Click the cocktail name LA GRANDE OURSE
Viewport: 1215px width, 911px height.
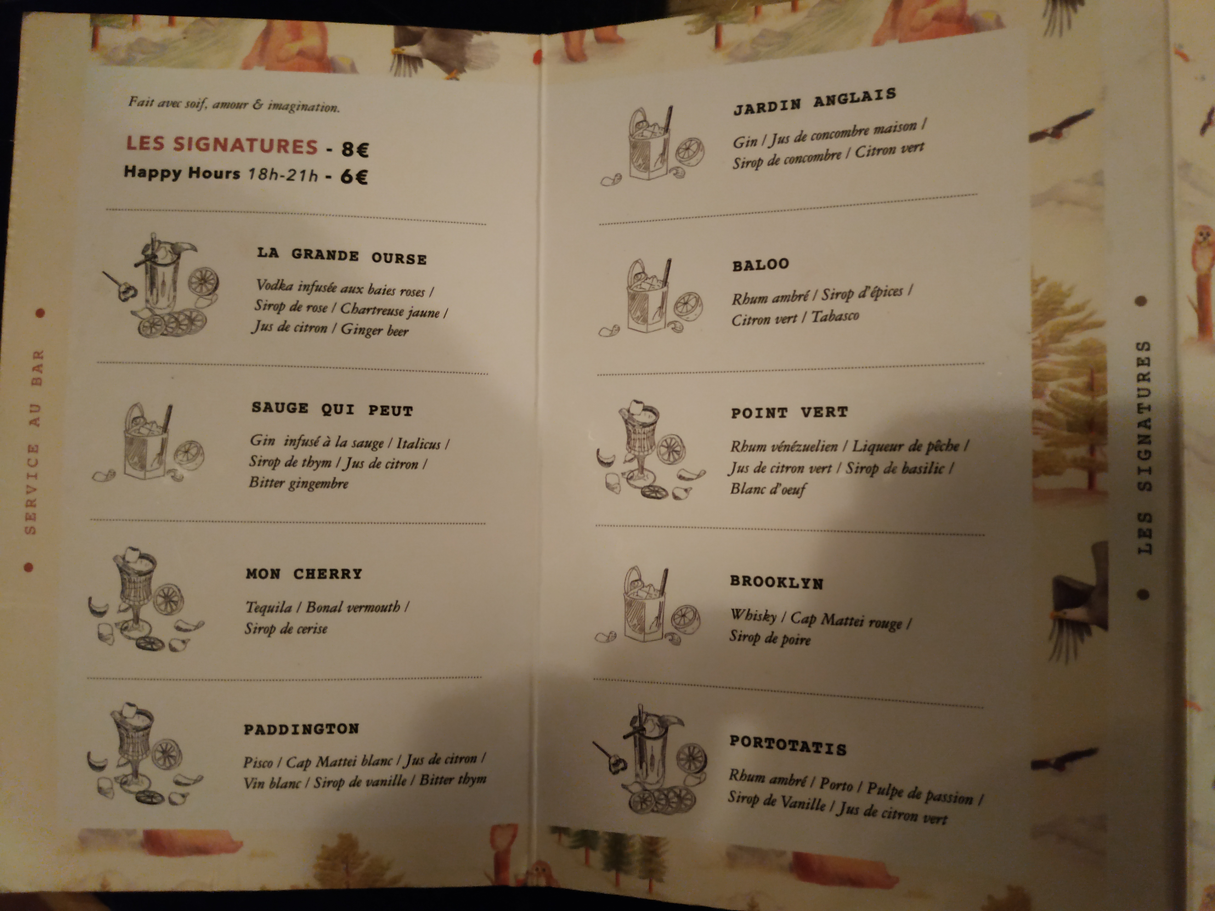pos(342,256)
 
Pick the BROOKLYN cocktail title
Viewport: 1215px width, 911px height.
pos(776,582)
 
